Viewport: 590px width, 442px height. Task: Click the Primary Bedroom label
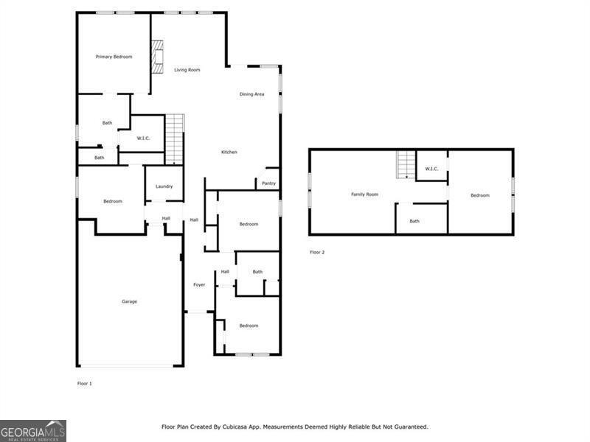[114, 57]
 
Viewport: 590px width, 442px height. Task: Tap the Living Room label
[187, 70]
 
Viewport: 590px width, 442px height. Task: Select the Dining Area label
[251, 94]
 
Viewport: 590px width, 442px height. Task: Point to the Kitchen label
[229, 152]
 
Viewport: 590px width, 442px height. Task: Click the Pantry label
[268, 183]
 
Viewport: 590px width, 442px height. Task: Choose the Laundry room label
[164, 186]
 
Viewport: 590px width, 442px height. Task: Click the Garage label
[129, 301]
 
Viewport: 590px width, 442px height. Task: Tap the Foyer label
[199, 285]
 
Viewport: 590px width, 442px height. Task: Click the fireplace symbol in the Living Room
[157, 57]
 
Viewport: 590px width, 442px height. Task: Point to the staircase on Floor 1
[175, 138]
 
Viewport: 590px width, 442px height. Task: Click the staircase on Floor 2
[406, 164]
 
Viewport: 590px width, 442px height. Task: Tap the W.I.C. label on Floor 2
[431, 169]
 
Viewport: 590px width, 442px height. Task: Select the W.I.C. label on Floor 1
[145, 137]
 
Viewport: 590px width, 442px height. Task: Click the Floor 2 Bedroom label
[480, 195]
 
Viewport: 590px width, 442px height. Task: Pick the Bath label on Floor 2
[414, 221]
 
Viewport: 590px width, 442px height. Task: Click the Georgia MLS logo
[33, 430]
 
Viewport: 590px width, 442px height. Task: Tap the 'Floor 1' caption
[85, 384]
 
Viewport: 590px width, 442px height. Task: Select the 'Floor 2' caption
[317, 252]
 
